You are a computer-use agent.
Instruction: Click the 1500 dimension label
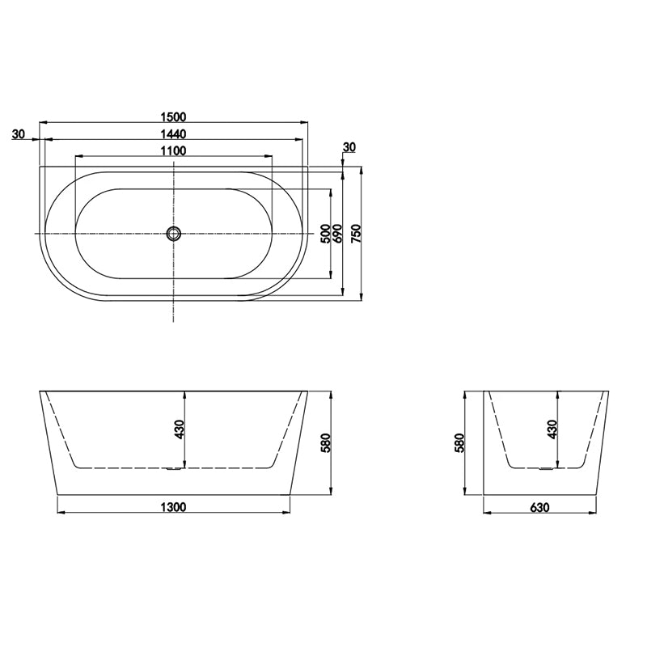[174, 115]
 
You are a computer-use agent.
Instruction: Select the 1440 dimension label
[174, 133]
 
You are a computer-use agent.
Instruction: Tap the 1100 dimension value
[174, 150]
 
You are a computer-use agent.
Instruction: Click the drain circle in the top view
[174, 234]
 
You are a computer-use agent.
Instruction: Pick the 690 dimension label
[338, 234]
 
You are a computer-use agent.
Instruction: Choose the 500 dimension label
[325, 234]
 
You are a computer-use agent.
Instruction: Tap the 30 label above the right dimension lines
[349, 147]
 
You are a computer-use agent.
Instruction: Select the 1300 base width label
[174, 507]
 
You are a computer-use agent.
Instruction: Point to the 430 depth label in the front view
[180, 430]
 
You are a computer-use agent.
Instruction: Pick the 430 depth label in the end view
[552, 430]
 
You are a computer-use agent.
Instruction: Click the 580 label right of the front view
[326, 443]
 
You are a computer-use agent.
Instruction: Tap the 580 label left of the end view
[459, 443]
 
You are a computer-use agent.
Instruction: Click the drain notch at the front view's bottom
[172, 468]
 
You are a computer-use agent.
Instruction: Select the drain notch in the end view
[546, 468]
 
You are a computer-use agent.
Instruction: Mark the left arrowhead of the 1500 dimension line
[43, 122]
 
